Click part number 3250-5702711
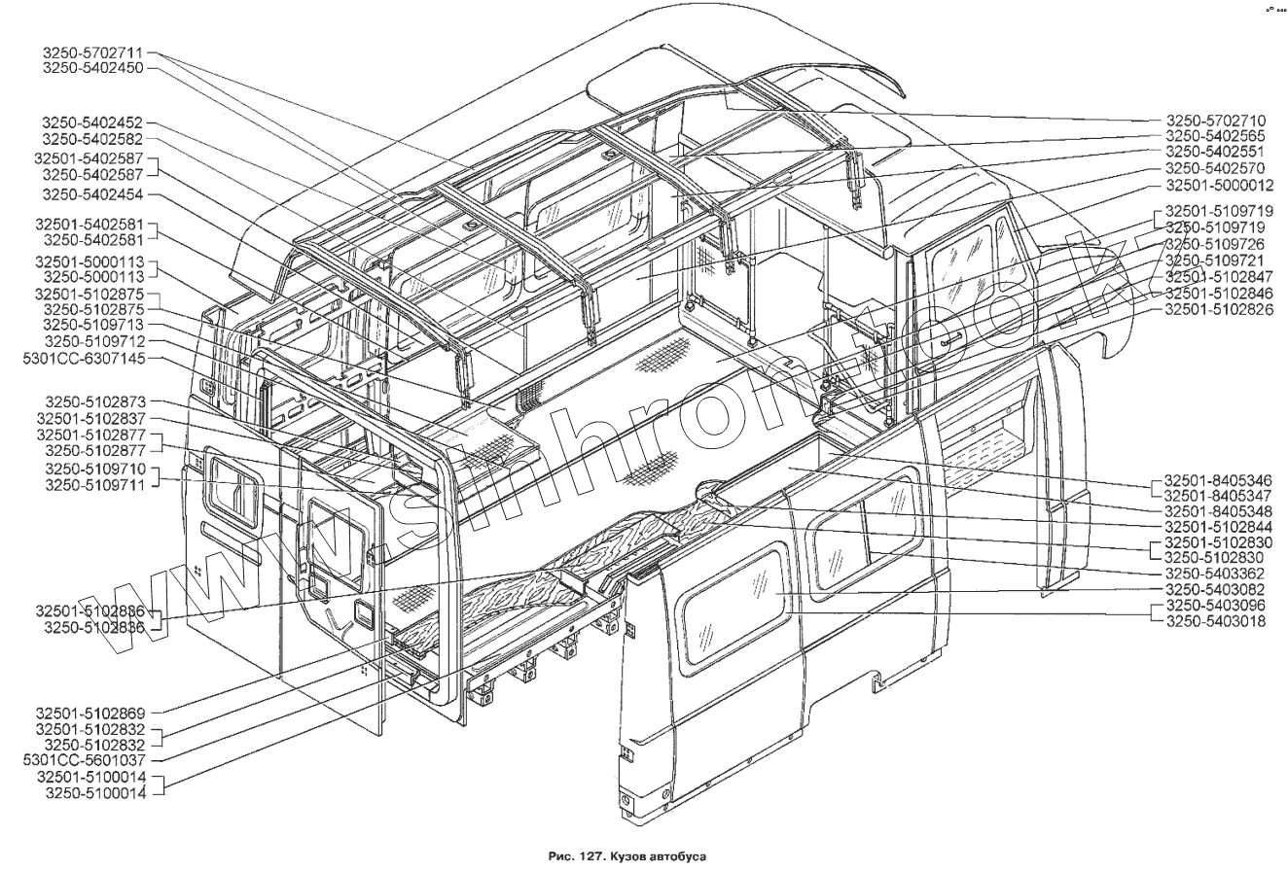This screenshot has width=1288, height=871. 93,52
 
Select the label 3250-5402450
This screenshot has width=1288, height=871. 93,69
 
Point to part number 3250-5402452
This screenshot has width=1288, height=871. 93,123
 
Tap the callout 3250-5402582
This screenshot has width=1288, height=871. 93,140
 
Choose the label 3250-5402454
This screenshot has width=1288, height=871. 93,193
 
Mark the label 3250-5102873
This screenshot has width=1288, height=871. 93,401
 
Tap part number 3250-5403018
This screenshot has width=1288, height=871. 1221,621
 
